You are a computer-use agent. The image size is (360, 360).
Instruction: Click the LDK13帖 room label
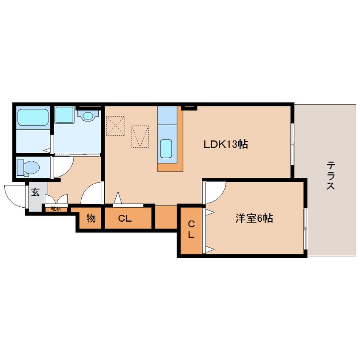225,144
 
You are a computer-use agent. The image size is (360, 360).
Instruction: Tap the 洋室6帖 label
254,219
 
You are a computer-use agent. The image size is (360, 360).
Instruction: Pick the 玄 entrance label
35,193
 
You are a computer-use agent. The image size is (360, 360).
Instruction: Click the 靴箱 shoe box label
56,209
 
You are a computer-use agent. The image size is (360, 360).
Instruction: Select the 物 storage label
91,219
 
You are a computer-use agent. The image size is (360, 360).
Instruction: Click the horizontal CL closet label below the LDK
125,219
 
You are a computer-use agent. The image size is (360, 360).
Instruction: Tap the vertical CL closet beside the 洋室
191,229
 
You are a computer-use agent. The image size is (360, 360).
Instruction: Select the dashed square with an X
115,126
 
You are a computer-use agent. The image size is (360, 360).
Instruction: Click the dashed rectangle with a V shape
140,136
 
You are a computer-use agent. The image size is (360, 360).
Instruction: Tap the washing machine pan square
65,115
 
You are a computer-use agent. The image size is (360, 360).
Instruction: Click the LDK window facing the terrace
292,143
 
